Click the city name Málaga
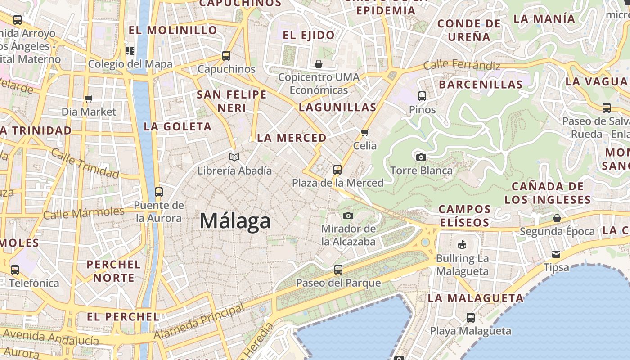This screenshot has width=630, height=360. click(x=235, y=221)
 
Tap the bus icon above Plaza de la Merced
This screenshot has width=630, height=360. click(x=337, y=170)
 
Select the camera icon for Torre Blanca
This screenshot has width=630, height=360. click(x=421, y=157)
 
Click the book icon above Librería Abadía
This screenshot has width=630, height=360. click(x=234, y=157)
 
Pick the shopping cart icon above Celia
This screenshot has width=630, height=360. click(x=365, y=132)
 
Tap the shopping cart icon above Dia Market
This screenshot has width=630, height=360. click(x=89, y=98)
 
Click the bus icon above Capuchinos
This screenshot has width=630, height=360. click(x=226, y=56)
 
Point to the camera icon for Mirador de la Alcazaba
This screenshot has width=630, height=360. click(x=348, y=216)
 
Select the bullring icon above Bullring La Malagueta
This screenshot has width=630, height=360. click(x=462, y=245)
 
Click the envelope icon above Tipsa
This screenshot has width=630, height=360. click(x=557, y=254)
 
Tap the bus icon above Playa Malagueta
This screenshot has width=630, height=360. click(x=471, y=317)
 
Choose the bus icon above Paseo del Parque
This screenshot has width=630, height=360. click(x=338, y=270)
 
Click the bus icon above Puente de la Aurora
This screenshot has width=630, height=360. click(x=159, y=192)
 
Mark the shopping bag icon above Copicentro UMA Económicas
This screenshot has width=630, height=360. click(x=319, y=64)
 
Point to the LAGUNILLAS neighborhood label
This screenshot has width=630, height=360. click(x=337, y=107)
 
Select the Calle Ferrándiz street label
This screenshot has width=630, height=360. click(x=462, y=66)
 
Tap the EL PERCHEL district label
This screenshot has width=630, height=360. click(x=123, y=317)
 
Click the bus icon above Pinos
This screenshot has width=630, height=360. click(x=422, y=96)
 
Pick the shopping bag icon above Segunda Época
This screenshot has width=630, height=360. click(x=557, y=218)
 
